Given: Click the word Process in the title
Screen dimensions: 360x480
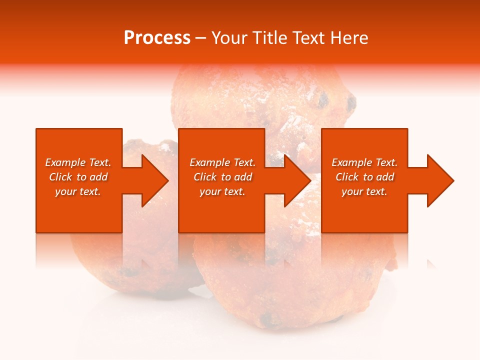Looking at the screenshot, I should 157,38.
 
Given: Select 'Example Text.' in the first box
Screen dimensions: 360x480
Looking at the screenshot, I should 78,162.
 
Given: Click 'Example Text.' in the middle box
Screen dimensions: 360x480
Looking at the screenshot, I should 222,162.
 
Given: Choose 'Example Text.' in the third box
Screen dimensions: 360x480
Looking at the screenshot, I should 364,162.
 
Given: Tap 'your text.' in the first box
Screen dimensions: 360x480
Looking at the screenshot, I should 78,191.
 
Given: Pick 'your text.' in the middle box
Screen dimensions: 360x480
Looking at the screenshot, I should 222,191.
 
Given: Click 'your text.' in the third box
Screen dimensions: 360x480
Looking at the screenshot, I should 364,191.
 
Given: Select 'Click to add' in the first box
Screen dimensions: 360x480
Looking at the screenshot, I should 78,177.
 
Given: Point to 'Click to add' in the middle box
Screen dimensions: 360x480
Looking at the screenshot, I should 222,177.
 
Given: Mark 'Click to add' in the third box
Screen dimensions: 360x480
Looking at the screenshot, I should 364,177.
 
